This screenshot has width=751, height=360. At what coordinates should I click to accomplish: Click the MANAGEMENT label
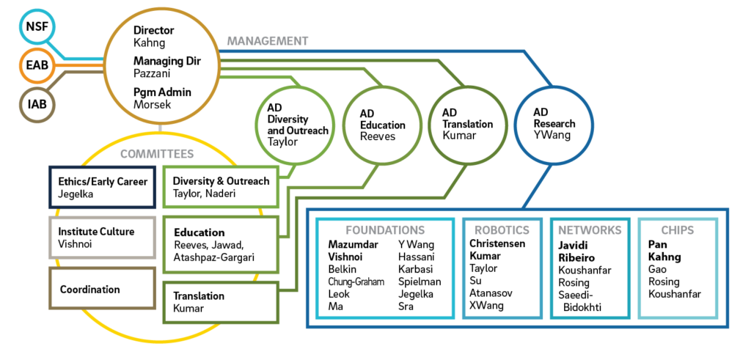[x=267, y=41]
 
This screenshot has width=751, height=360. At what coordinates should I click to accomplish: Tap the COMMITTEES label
[x=157, y=154]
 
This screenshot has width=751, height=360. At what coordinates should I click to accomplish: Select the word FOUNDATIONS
[x=385, y=229]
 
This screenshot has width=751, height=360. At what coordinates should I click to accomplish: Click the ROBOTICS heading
[x=502, y=229]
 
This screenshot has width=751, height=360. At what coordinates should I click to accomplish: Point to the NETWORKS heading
[x=590, y=229]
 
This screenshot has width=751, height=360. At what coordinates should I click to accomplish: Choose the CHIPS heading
[x=678, y=229]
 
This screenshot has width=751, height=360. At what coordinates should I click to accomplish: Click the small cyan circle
[x=37, y=27]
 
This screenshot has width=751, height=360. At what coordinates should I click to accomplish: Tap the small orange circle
[x=37, y=66]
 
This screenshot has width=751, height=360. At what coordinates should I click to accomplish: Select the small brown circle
[x=37, y=105]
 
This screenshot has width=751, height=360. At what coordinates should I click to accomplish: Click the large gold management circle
[x=162, y=65]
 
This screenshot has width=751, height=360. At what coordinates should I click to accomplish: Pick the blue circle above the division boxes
[x=554, y=125]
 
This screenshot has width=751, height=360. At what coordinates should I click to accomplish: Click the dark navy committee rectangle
[x=103, y=187]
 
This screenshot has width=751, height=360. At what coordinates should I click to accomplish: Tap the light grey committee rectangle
[x=103, y=238]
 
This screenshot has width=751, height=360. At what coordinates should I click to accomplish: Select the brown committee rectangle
[x=103, y=288]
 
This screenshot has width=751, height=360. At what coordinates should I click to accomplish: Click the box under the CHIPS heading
[x=678, y=275]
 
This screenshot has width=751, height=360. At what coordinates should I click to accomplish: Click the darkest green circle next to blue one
[x=467, y=125]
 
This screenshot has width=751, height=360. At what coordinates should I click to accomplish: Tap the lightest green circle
[x=295, y=125]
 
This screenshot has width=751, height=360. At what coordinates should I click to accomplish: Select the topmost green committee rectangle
[x=220, y=187]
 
